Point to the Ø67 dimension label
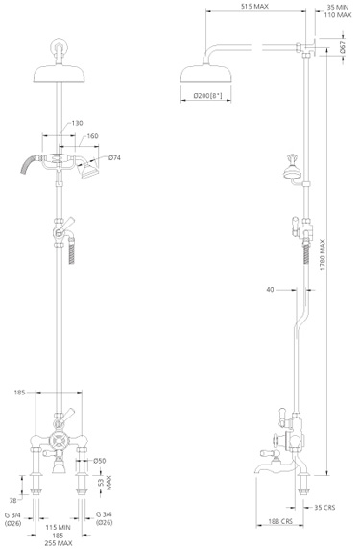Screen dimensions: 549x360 (x=344, y=47)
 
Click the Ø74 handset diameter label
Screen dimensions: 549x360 (x=114, y=157)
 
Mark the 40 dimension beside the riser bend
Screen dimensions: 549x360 (x=272, y=289)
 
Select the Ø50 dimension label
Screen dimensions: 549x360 (x=99, y=462)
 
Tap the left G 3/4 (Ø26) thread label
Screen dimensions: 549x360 (x=13, y=519)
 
